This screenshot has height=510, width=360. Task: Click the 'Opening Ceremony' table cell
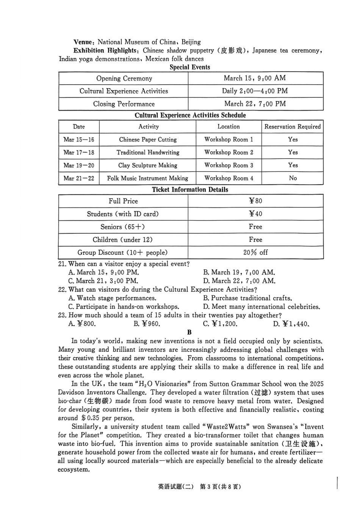coord(124,78)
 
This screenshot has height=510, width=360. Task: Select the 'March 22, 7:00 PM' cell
coord(255,104)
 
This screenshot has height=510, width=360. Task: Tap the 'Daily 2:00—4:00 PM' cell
coord(255,91)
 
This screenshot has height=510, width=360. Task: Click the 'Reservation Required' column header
coord(292,127)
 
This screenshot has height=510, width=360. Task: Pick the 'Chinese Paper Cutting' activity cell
coord(148,140)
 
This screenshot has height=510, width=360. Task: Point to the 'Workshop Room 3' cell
coord(229,165)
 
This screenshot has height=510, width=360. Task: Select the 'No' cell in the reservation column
coord(293,178)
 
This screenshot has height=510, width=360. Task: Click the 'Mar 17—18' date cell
coord(79,152)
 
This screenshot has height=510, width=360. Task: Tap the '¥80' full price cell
coord(255,201)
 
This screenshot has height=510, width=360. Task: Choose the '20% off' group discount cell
coord(255,253)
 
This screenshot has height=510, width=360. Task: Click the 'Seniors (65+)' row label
coord(123,227)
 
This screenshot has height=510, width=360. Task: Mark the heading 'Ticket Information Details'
coord(190,190)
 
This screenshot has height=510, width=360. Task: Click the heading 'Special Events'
coord(190,67)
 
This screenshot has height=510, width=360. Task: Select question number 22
coord(63,290)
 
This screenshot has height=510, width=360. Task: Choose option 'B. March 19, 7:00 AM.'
coord(239,272)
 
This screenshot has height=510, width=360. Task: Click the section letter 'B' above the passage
coord(189,332)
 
